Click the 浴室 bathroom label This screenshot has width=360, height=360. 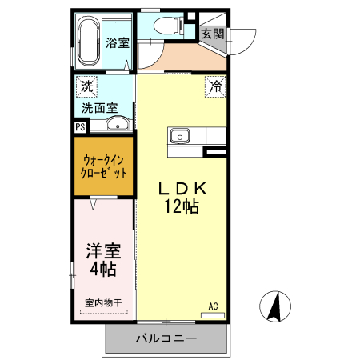118,43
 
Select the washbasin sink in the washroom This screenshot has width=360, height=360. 118,124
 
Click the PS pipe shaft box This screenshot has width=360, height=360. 80,126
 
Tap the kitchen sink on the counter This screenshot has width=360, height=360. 180,136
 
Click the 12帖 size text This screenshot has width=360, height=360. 182,206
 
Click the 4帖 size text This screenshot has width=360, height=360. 103,269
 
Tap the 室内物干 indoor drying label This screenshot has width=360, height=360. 103,303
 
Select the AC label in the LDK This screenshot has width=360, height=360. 214,306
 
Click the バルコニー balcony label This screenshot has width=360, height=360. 165,339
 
